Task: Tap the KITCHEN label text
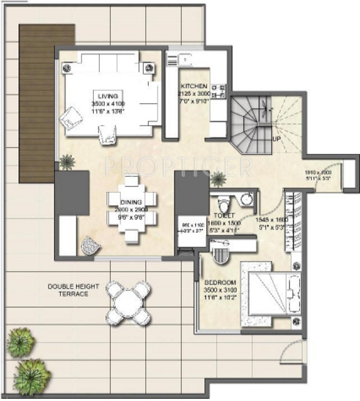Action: click(194, 86)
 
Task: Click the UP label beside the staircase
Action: click(276, 138)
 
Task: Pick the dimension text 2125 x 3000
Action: click(194, 94)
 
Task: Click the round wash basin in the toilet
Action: click(248, 197)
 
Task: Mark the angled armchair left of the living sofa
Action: click(73, 117)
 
